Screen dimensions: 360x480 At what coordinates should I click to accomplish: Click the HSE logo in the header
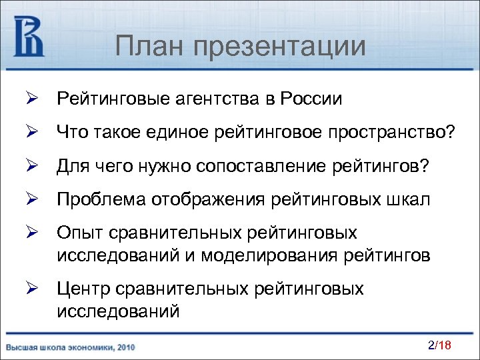[x=29, y=37]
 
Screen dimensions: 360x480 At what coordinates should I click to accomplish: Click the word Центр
[x=83, y=289]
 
